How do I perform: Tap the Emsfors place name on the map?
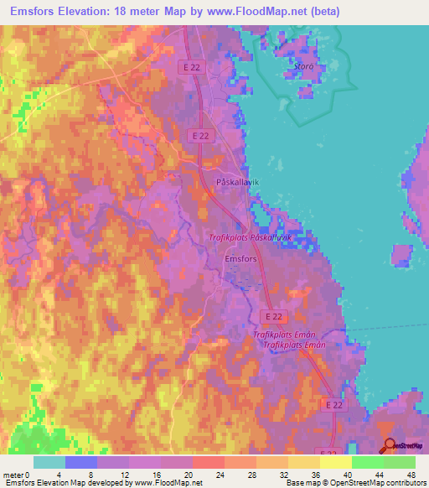pos(242,259)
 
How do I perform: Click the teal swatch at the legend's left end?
pos(49,462)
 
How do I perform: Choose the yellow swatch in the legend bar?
pos(336,462)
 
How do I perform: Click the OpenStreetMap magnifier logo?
pos(388,446)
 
